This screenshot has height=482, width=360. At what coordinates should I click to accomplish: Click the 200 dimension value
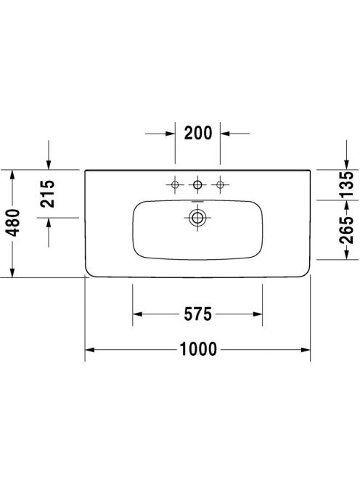pyautogui.click(x=198, y=133)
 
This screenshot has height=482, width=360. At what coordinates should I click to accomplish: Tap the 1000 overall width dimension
pyautogui.click(x=198, y=349)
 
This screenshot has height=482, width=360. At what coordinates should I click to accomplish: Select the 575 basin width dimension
pyautogui.click(x=197, y=314)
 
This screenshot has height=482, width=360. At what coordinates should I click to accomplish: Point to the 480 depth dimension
pyautogui.click(x=13, y=223)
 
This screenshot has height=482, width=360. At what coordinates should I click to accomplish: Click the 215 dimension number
pyautogui.click(x=49, y=194)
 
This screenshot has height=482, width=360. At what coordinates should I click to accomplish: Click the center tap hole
pyautogui.click(x=197, y=185)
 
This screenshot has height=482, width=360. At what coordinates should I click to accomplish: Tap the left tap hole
pyautogui.click(x=175, y=185)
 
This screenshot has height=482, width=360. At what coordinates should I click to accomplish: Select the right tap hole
pyautogui.click(x=220, y=185)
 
